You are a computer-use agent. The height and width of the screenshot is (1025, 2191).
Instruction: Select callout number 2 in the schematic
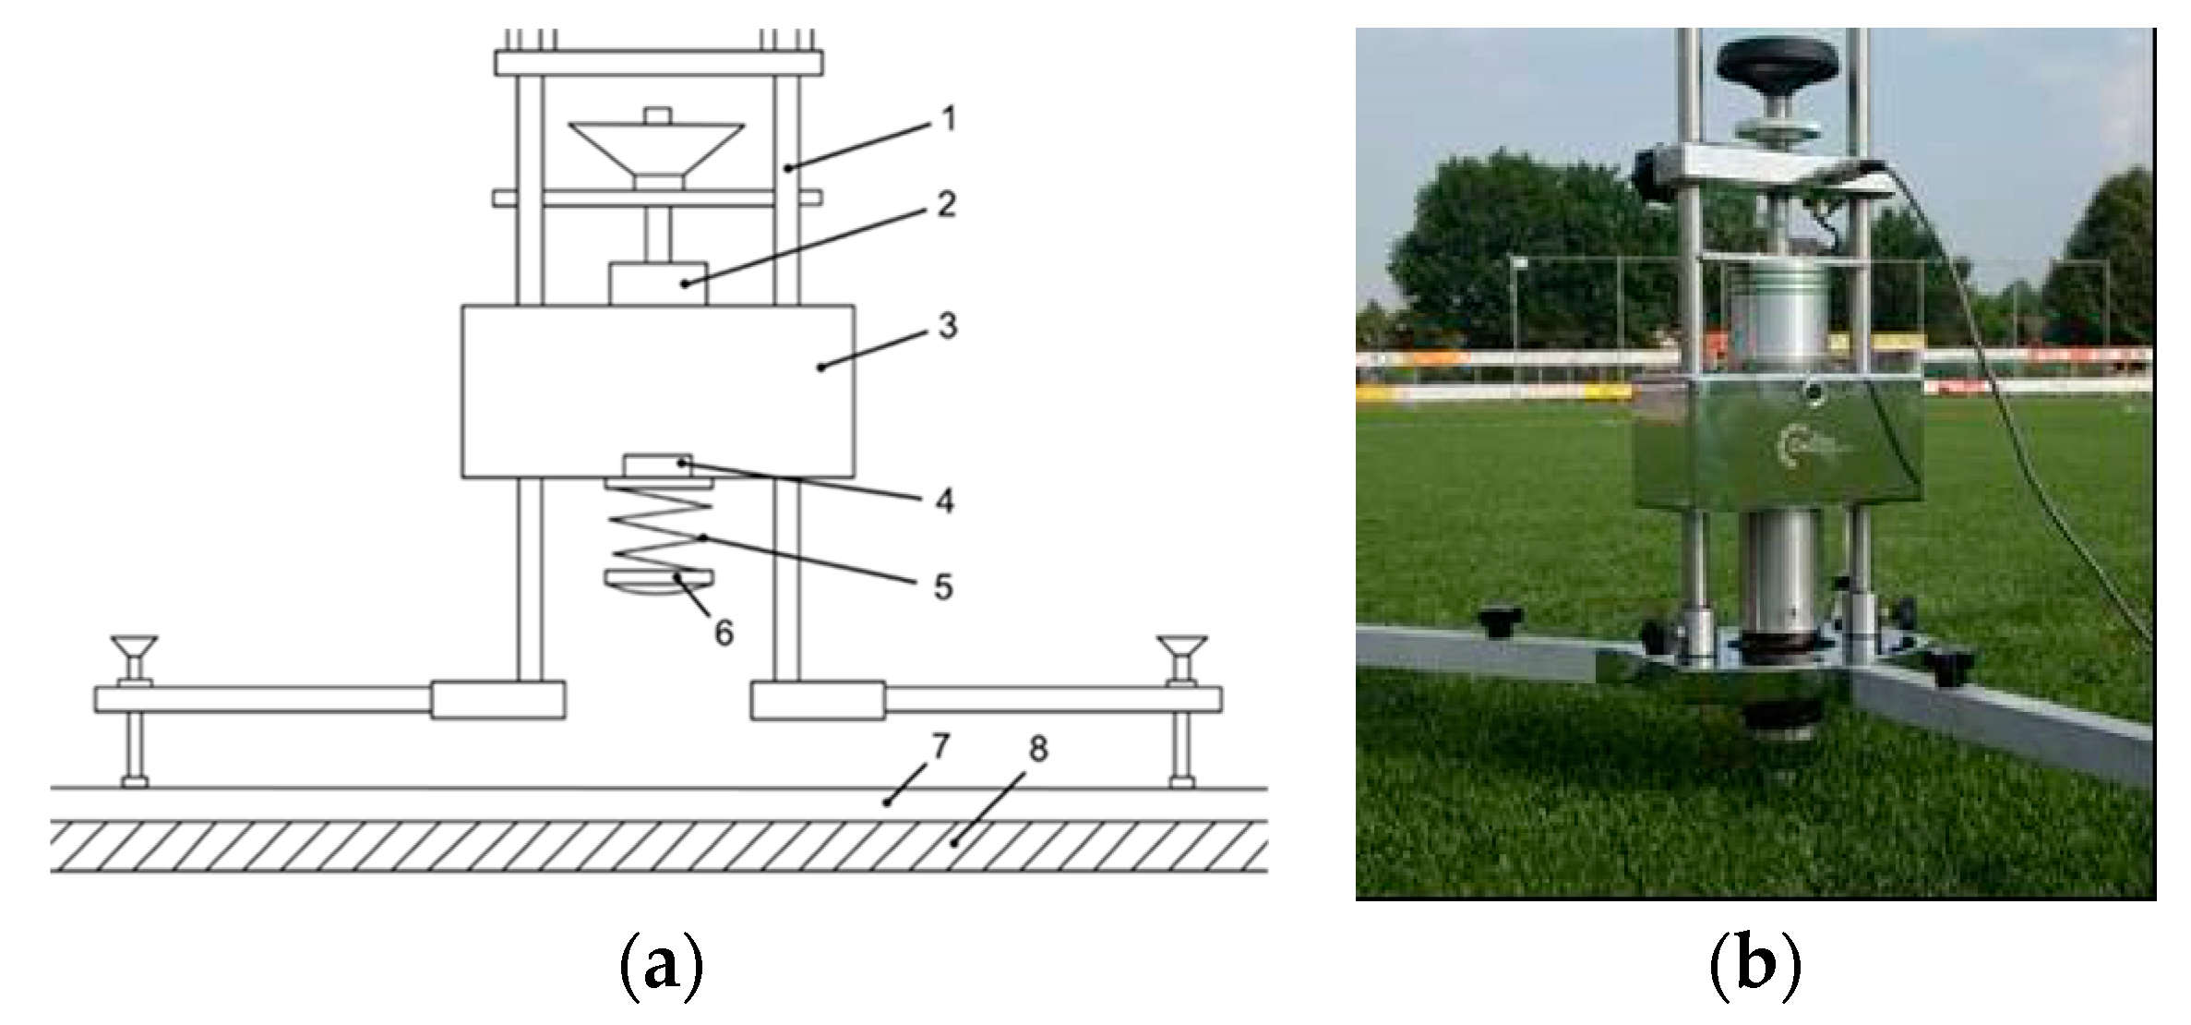[x=946, y=205]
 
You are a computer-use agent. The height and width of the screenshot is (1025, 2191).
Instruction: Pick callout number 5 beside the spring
[x=942, y=587]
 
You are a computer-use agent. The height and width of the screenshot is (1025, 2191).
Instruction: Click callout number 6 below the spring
[x=724, y=633]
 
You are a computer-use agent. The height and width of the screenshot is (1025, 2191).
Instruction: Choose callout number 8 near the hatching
[x=1038, y=750]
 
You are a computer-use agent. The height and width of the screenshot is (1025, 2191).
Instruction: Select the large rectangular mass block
[x=657, y=391]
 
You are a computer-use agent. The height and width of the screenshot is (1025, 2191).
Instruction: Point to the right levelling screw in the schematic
[x=1182, y=711]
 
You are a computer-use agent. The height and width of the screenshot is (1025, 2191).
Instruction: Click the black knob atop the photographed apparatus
[x=1765, y=63]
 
